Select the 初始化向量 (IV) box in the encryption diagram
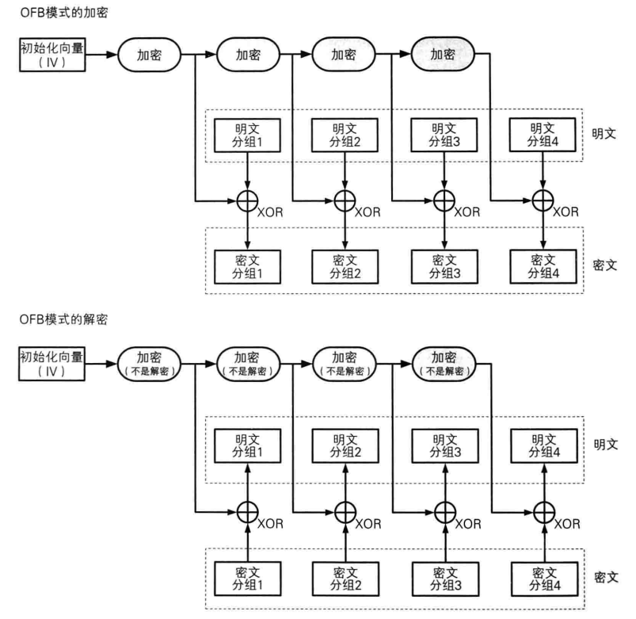[51, 55]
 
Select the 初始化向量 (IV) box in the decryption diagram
[51, 365]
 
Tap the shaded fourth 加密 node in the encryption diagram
[444, 55]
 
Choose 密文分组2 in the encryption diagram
[345, 265]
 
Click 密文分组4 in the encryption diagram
[542, 265]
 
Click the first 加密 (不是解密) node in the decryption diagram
[150, 365]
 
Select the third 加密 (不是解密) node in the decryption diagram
[345, 365]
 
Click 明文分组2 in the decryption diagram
[345, 445]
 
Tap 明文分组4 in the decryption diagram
[542, 445]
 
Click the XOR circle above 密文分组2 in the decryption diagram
[345, 512]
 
